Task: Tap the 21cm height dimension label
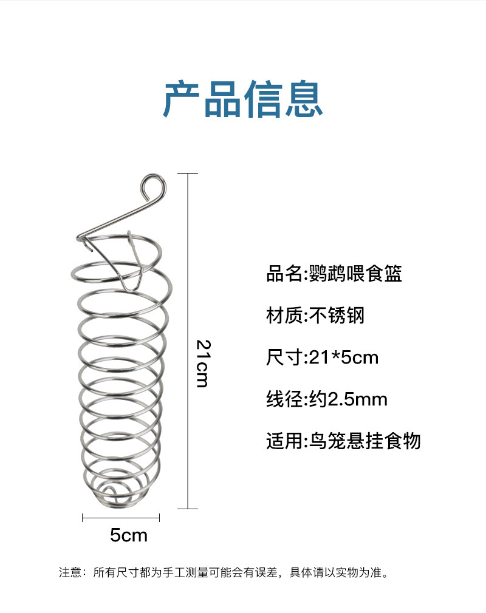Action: click(202, 363)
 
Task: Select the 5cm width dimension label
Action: click(129, 535)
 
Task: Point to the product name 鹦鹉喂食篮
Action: click(355, 274)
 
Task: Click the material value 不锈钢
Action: click(337, 316)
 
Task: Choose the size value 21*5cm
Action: click(344, 357)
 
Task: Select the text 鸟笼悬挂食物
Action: click(365, 441)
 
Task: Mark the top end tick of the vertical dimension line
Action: click(188, 174)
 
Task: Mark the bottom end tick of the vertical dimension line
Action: click(188, 509)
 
